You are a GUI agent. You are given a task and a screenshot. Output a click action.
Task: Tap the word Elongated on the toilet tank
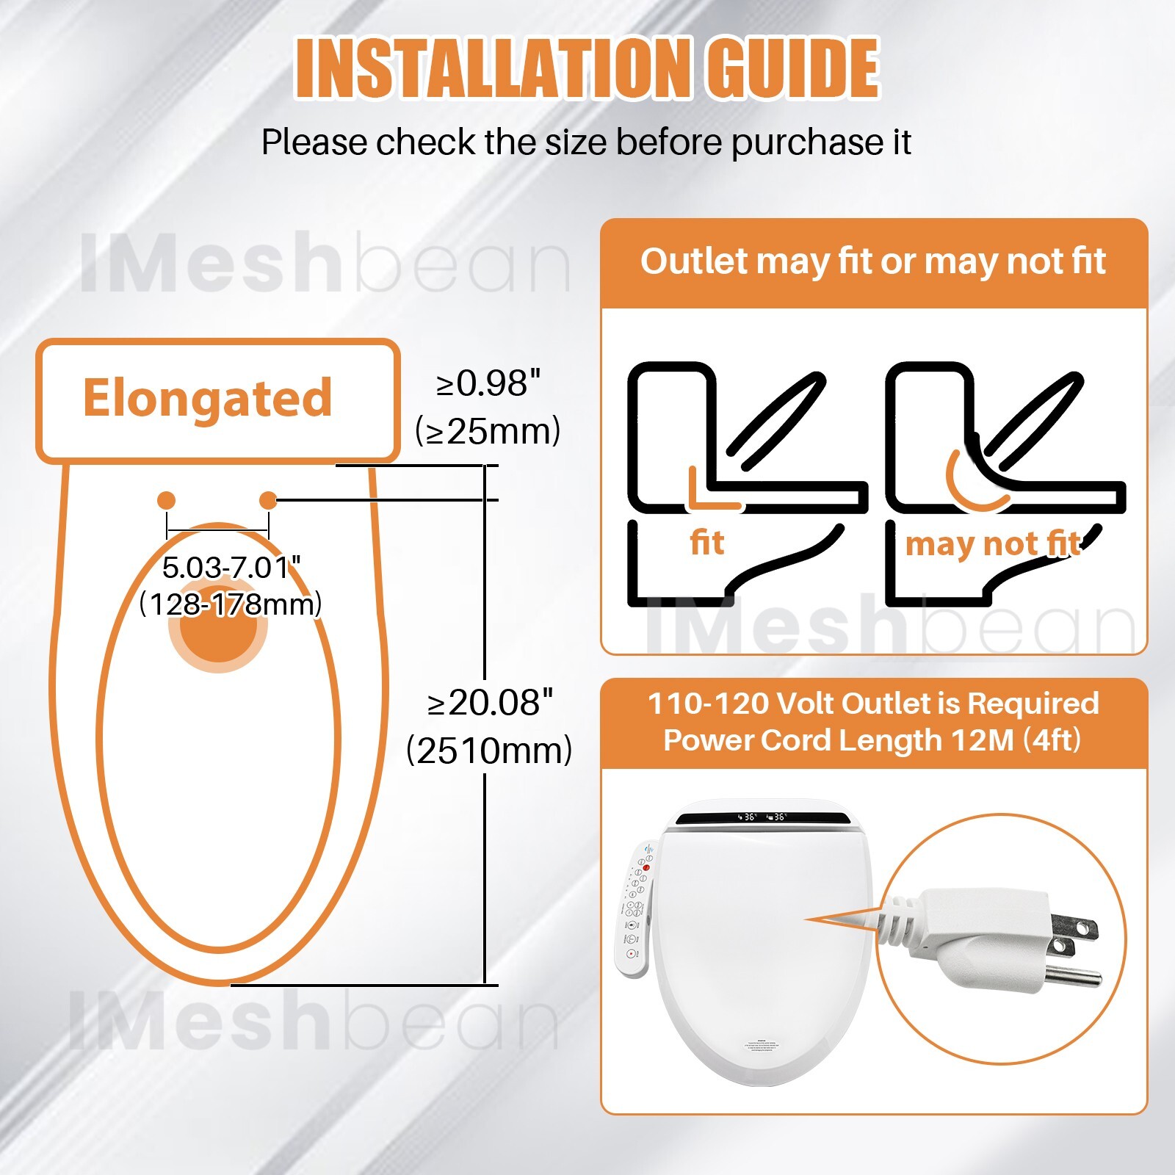pos(207,399)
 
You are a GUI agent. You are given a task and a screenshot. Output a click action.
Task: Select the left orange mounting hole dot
pos(167,500)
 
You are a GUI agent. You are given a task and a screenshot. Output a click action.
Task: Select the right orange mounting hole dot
pos(269,500)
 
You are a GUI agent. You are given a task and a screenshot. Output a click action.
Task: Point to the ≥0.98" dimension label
pos(488,383)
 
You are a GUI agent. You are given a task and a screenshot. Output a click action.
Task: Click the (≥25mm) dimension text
pos(488,431)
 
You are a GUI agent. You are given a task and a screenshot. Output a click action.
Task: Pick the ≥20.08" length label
pos(490,703)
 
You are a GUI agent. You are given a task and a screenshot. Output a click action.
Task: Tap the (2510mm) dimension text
pos(490,751)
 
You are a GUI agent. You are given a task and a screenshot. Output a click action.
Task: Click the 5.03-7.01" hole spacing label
pos(231,568)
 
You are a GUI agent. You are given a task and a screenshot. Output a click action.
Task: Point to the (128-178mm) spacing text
pos(231,604)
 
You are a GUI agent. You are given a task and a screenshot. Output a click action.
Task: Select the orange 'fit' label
pos(706,543)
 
